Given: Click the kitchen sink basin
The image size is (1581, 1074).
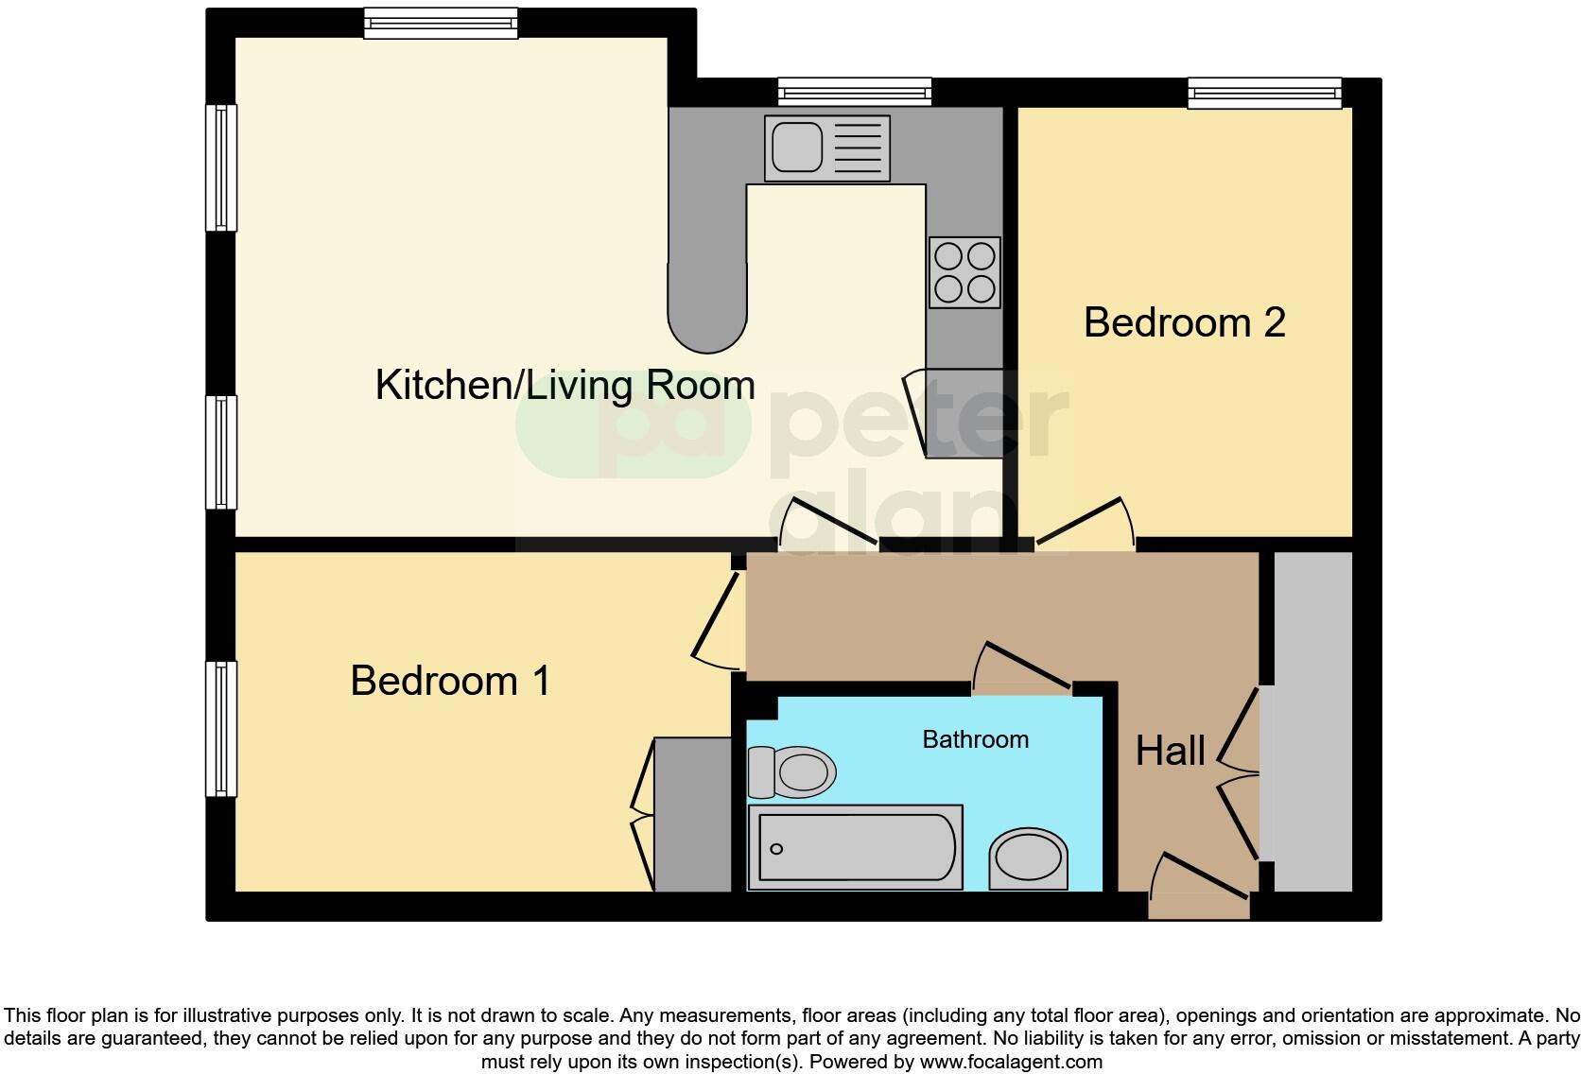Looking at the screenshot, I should (x=797, y=147).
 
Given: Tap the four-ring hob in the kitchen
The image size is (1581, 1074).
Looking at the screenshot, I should (x=964, y=272).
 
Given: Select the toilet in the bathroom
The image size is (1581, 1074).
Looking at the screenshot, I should (x=792, y=771).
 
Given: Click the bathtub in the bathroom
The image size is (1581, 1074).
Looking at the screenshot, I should (x=855, y=847).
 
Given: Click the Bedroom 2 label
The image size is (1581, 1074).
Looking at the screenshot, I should (x=1184, y=323).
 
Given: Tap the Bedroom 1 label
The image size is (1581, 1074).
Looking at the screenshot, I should (x=450, y=681).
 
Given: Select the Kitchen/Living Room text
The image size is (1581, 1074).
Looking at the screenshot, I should (x=565, y=386).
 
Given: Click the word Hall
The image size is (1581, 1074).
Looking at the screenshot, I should (x=1170, y=751).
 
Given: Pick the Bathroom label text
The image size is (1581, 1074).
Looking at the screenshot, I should (x=975, y=739).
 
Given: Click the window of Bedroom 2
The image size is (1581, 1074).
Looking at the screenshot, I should (x=1264, y=93).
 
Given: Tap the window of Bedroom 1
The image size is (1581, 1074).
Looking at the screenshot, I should (x=221, y=728).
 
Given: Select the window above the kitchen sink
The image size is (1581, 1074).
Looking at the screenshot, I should (x=855, y=93).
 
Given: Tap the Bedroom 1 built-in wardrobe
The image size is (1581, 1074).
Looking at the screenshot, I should (x=692, y=814).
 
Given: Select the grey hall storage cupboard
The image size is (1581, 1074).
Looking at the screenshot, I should (x=1312, y=720).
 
